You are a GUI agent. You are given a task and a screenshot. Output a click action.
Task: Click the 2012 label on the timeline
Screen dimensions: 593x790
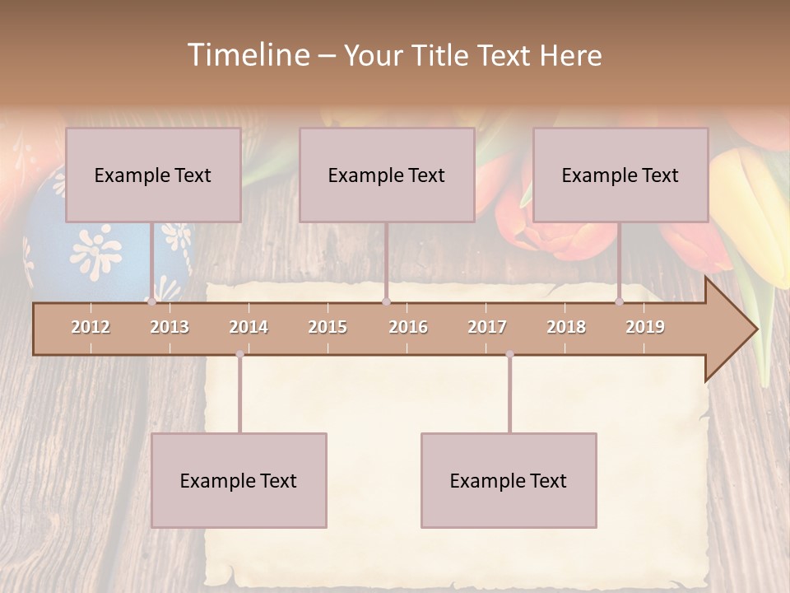91,327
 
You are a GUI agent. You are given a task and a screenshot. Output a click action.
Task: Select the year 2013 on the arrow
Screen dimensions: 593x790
170,327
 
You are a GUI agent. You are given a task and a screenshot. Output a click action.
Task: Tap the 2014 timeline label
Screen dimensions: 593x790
249,327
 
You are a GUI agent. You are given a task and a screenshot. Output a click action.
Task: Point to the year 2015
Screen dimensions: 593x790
328,327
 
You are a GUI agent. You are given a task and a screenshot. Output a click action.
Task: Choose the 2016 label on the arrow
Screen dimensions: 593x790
408,327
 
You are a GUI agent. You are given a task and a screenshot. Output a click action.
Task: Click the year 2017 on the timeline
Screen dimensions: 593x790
487,327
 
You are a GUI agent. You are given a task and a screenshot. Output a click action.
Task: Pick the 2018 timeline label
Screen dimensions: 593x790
566,327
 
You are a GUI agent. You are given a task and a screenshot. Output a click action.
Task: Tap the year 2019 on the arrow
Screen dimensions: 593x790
645,327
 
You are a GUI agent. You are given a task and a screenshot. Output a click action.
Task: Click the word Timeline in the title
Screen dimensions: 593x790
248,55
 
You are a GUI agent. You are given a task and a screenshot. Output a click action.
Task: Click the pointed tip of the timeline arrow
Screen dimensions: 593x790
755,329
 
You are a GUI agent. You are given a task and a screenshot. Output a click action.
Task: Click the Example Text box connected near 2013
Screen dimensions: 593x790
153,175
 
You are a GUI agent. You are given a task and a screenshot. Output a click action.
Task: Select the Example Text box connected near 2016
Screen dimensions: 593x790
387,175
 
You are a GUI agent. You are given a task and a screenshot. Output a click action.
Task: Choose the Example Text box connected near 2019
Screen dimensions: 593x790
620,175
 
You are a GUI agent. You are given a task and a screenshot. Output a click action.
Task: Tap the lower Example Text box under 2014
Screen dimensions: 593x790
239,480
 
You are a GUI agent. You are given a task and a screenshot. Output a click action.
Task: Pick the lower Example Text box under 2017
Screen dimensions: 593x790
509,480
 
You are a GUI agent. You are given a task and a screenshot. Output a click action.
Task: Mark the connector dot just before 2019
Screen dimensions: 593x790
620,302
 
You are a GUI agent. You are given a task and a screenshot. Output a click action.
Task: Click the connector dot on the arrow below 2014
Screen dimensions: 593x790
239,354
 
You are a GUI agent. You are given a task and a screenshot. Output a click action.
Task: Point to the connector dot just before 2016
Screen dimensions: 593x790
386,302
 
